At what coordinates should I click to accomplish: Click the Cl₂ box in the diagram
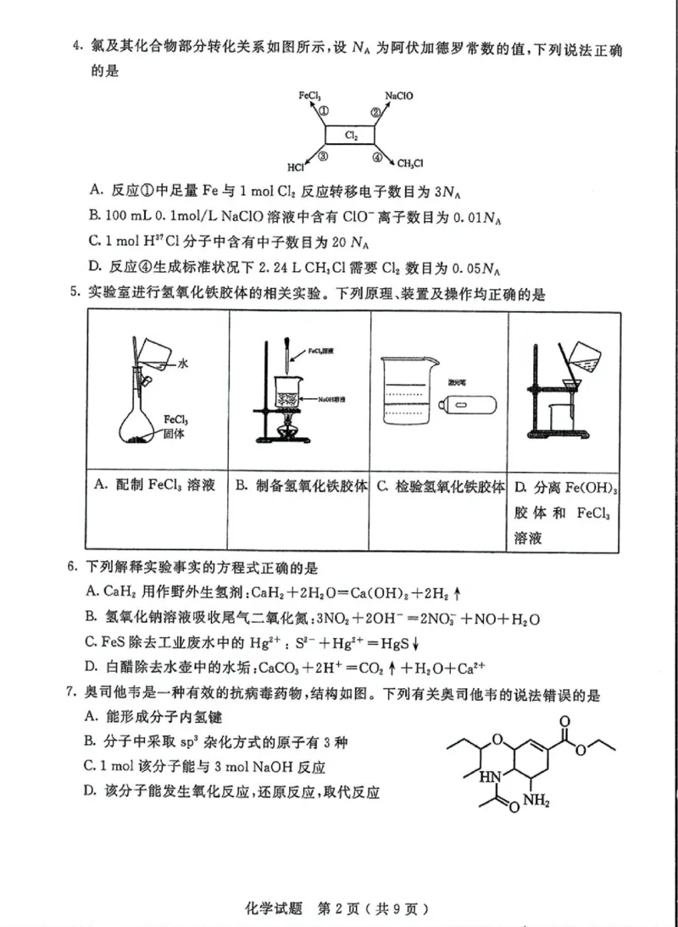[351, 136]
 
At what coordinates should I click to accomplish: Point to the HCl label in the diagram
[295, 167]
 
